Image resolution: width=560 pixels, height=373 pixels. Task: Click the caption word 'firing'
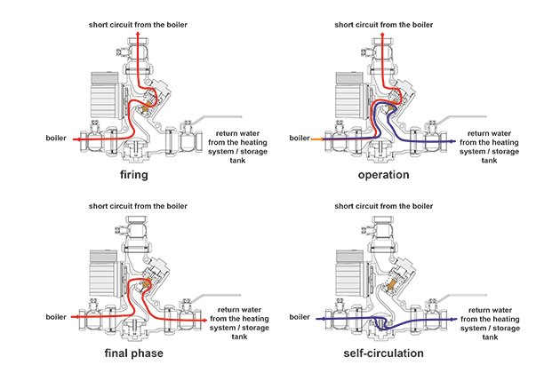point(134,175)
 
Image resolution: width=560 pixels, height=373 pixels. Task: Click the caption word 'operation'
point(384,175)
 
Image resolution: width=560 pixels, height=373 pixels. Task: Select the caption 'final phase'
point(134,353)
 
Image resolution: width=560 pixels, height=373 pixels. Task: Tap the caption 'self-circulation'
point(384,353)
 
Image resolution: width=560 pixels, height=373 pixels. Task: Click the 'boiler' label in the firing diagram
point(56,139)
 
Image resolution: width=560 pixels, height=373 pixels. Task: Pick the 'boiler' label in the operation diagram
point(300,139)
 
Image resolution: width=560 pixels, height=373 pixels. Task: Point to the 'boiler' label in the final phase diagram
point(56,317)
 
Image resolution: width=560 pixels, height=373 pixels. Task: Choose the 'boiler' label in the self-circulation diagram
point(300,317)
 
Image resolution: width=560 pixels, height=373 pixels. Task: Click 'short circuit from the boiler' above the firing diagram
point(138,25)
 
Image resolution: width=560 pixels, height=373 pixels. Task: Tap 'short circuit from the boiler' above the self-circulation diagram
point(384,206)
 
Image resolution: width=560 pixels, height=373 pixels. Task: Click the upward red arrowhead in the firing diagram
point(138,34)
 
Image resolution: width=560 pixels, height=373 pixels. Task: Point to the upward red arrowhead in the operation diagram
point(382,35)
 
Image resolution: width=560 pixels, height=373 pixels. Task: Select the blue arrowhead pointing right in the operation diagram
point(453,142)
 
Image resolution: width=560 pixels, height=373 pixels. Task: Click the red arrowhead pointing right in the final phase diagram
point(204,321)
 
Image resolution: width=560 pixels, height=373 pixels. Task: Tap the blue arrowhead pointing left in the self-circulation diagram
point(318,319)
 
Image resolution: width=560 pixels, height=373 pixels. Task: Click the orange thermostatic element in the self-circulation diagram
point(392,284)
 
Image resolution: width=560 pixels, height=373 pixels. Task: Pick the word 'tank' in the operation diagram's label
point(489,161)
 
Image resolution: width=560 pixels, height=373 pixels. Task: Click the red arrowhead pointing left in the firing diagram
point(76,139)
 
